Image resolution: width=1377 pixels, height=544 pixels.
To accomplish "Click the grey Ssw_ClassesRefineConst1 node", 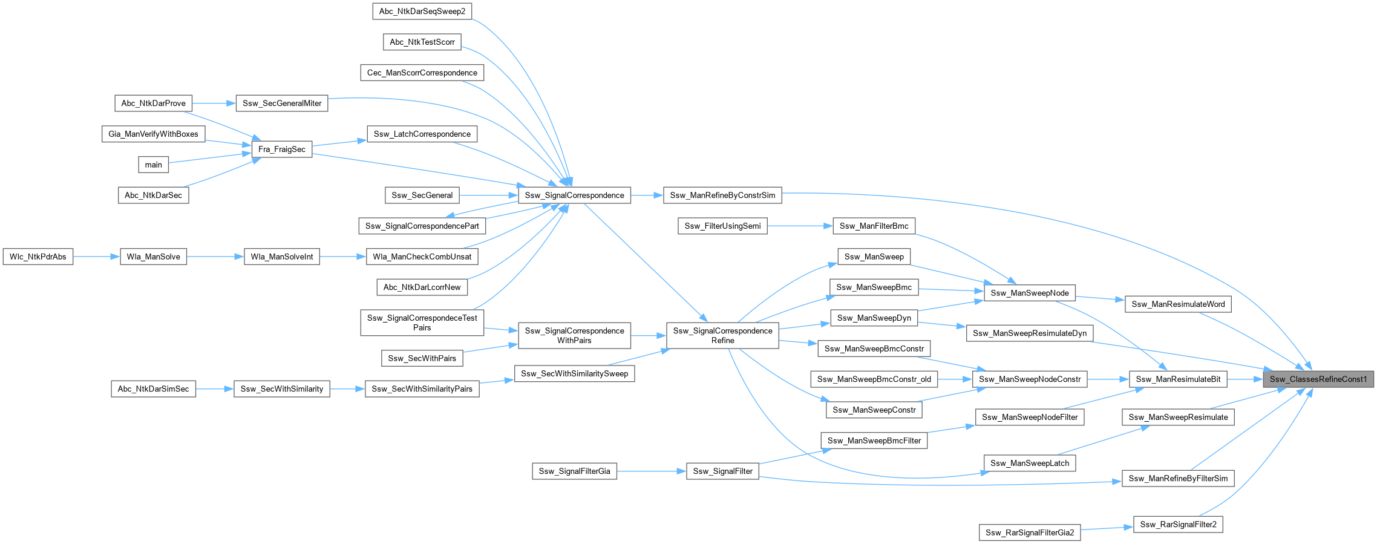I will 1318,379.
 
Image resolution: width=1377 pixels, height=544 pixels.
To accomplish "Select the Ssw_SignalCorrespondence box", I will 574,195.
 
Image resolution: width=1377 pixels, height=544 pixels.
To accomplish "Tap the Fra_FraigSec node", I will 281,149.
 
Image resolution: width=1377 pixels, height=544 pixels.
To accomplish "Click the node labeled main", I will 153,165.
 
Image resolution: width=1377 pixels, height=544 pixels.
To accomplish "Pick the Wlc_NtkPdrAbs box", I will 38,257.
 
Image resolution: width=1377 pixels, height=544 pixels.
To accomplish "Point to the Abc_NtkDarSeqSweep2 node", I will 422,11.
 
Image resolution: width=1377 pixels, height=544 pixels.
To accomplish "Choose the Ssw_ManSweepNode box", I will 1030,293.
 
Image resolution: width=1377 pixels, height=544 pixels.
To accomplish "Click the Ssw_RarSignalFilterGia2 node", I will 1029,533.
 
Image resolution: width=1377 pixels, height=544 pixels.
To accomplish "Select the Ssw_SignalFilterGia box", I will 574,471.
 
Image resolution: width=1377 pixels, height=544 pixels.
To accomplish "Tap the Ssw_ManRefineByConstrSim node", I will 722,195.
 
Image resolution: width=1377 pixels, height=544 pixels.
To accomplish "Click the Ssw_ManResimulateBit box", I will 1178,379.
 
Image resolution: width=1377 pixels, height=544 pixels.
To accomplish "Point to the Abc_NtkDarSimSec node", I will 153,388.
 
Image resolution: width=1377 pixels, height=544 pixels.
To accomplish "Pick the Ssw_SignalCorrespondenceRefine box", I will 722,336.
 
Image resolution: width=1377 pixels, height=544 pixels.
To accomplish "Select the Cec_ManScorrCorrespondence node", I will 422,73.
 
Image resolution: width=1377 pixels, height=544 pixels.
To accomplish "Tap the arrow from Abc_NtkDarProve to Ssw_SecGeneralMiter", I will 214,103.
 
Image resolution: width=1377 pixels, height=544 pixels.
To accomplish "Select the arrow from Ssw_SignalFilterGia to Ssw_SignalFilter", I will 652,471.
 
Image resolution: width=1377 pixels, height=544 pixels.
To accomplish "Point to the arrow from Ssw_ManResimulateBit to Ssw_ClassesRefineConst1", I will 1245,379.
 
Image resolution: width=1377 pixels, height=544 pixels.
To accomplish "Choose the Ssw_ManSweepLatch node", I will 1030,464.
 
